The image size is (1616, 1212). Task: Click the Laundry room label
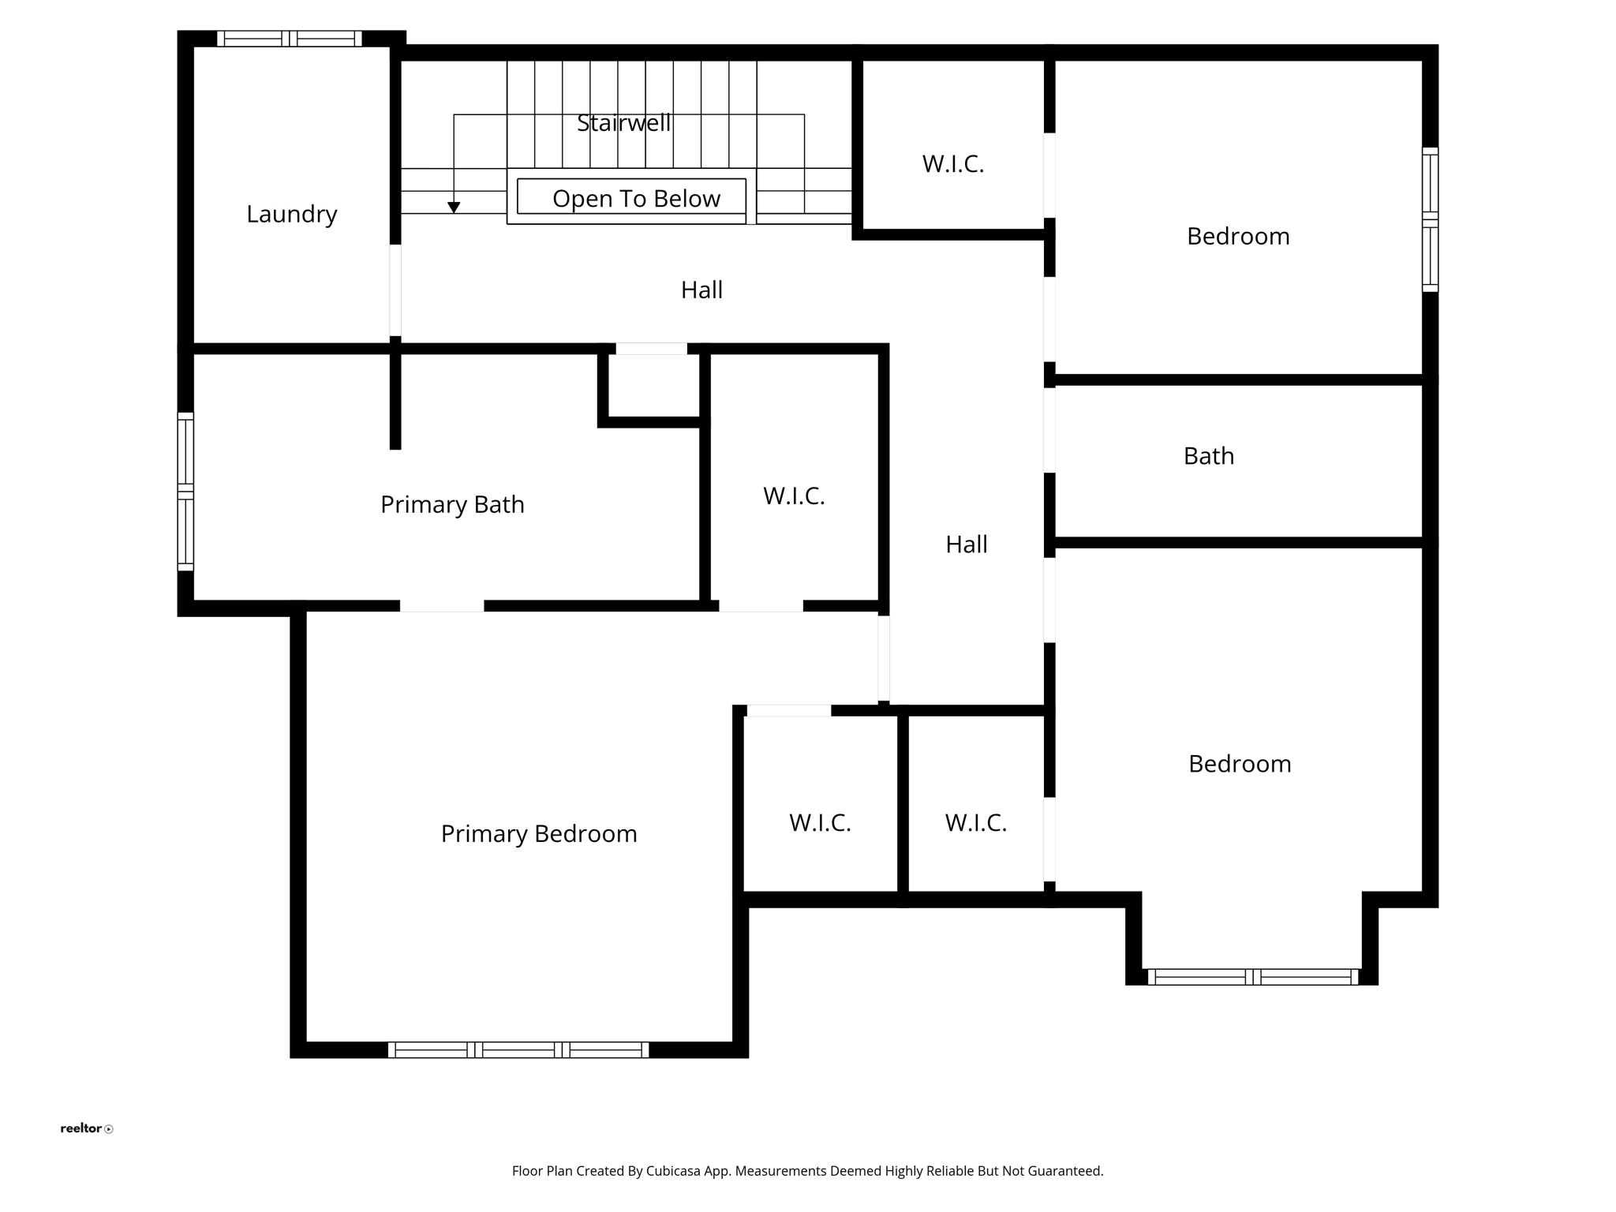click(291, 214)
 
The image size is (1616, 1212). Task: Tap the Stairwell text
click(623, 123)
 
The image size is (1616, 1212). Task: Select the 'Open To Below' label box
click(631, 197)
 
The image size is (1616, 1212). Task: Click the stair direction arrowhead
click(454, 208)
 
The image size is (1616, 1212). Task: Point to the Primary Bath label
click(452, 504)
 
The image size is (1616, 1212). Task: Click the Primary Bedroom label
click(538, 833)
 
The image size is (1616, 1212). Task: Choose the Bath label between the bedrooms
click(1208, 456)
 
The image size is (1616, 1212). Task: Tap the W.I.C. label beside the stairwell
click(952, 164)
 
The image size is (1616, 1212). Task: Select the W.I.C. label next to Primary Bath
click(793, 496)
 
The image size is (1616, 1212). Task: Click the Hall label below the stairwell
click(701, 290)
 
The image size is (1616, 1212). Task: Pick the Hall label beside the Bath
click(966, 544)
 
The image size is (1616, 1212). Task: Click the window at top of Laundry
click(290, 39)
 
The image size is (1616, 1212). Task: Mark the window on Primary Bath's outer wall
click(185, 491)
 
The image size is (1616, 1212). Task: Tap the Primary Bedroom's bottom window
click(518, 1049)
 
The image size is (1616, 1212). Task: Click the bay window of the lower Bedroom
click(1252, 977)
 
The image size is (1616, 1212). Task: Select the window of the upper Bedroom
click(1430, 219)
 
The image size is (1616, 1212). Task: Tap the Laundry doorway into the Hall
click(395, 290)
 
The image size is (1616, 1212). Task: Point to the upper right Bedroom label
click(1237, 236)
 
